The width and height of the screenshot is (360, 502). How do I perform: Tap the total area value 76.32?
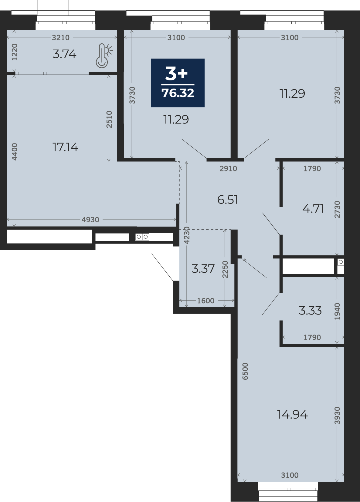tap(178, 93)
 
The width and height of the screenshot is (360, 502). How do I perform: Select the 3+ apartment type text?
tap(177, 74)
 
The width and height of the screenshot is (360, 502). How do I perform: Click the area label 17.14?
tap(65, 147)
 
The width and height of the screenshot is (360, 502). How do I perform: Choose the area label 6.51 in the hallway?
tap(228, 200)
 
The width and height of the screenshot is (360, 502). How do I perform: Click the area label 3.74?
tap(65, 54)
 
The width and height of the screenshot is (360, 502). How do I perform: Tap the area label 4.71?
tap(313, 209)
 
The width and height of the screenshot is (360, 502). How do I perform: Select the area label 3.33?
tap(310, 311)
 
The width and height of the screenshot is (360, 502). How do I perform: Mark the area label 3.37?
tap(203, 268)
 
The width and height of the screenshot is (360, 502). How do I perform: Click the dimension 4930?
tap(90, 220)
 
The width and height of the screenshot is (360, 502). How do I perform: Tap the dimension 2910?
tap(228, 168)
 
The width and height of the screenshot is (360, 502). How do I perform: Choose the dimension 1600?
tap(206, 301)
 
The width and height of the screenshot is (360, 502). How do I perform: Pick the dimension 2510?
tap(109, 119)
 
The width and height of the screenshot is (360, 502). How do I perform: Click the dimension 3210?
tap(61, 37)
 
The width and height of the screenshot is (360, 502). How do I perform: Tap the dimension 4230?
tap(187, 235)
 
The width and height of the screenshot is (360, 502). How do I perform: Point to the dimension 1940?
tap(337, 312)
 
